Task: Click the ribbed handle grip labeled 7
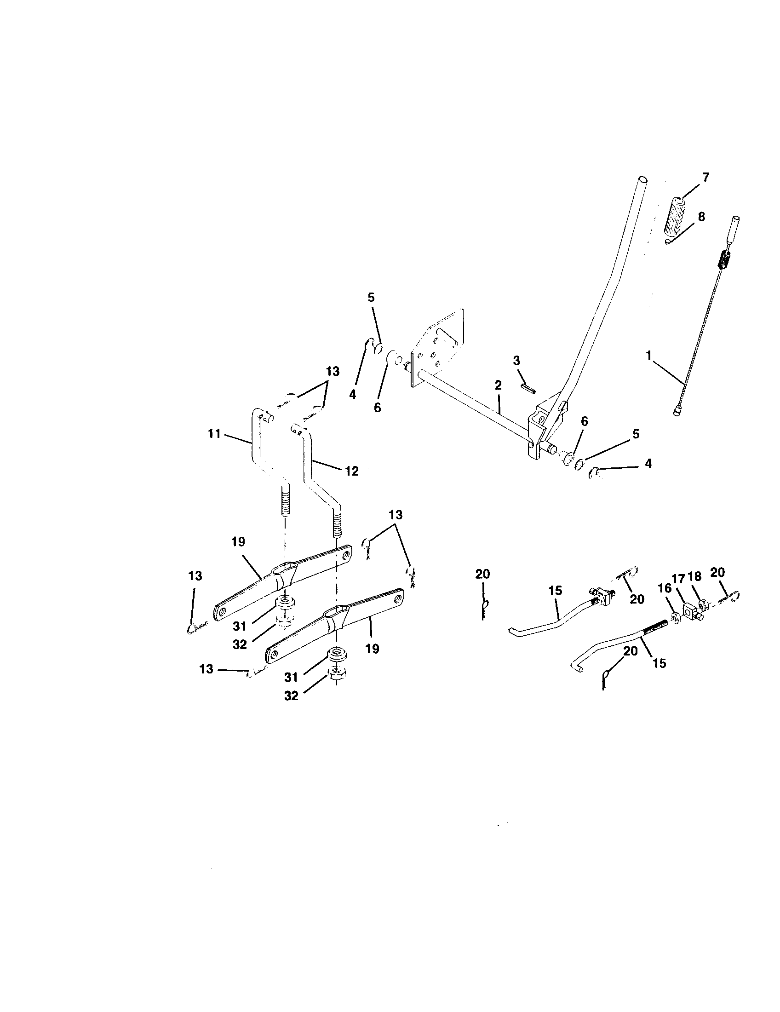point(677,216)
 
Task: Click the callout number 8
point(701,217)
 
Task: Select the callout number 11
point(213,435)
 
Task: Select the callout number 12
point(351,471)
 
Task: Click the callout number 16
point(664,588)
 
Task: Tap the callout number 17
point(678,579)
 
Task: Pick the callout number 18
point(695,575)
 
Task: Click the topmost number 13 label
point(333,371)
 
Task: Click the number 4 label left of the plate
point(353,395)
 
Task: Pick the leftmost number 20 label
point(482,574)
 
